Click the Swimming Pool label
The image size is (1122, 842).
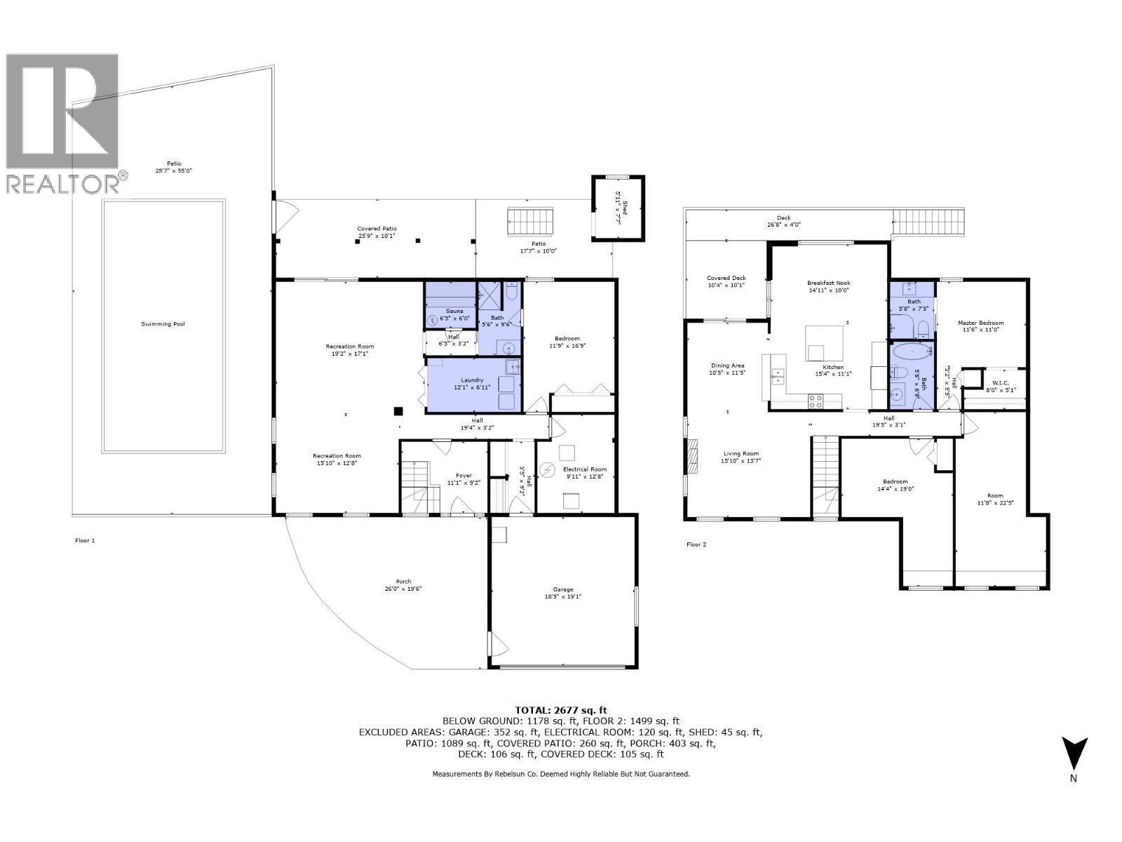click(163, 324)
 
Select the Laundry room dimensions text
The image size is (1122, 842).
click(472, 387)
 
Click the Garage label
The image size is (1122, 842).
click(563, 589)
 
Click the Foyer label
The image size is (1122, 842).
click(464, 476)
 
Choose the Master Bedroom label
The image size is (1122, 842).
click(980, 323)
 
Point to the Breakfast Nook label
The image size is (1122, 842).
click(828, 283)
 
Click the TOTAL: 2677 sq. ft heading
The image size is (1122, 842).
click(561, 710)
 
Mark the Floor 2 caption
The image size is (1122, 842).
click(696, 544)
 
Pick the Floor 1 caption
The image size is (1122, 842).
click(85, 540)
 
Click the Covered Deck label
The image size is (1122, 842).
click(726, 278)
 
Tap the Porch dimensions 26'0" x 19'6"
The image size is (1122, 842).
click(403, 589)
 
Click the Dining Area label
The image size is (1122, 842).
click(726, 366)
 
